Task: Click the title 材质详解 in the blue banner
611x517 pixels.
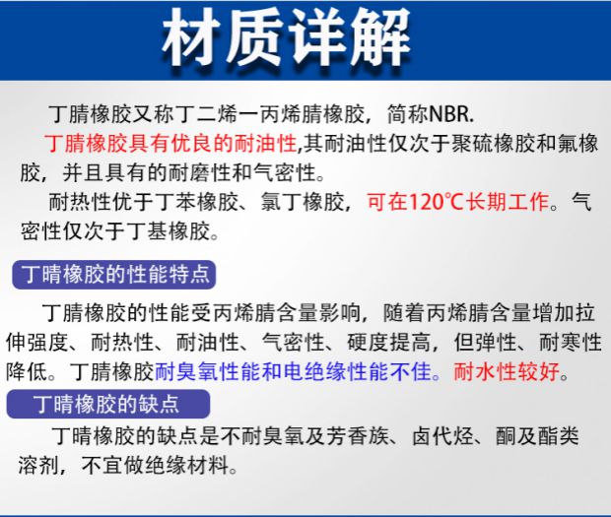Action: coord(287,37)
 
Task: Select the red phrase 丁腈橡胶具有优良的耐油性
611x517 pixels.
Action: coord(170,143)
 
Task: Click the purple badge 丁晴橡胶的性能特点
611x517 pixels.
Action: coord(113,275)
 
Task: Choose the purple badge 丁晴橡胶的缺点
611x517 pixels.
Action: coord(108,404)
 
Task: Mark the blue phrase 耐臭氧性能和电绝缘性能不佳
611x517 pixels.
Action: coord(293,372)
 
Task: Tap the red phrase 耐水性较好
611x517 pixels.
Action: coord(507,372)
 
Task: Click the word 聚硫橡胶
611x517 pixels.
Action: coord(493,143)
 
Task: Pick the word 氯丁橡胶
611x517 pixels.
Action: coord(302,202)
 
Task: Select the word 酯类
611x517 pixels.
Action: coord(558,436)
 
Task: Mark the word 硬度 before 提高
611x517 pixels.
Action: coord(368,343)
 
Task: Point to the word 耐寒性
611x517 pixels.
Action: coord(571,343)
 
